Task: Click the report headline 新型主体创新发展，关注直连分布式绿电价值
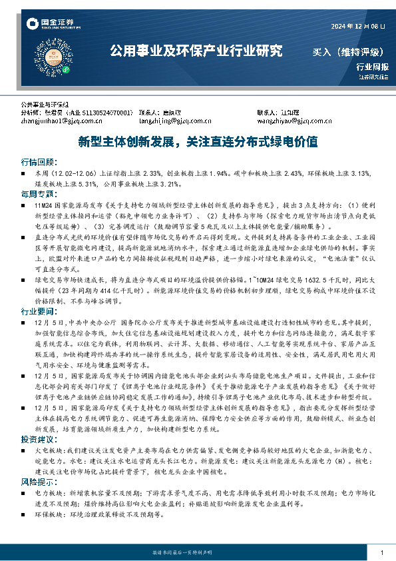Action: (x=198, y=142)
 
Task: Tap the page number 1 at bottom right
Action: (x=381, y=553)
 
